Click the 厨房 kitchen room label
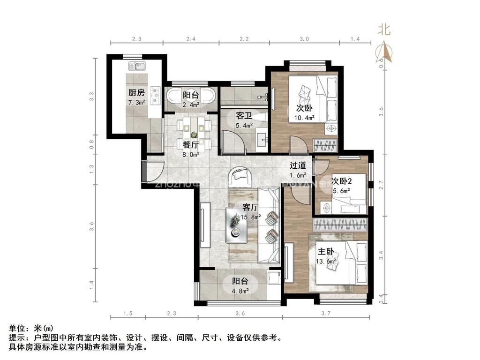[136, 93]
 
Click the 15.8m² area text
[251, 217]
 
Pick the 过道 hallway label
[298, 165]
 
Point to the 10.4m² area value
[304, 118]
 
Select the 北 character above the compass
[384, 30]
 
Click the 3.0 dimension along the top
[304, 39]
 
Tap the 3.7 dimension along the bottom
[326, 313]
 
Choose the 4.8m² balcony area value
[240, 290]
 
